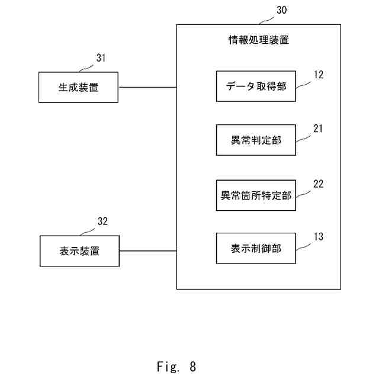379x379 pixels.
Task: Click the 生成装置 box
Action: click(x=78, y=87)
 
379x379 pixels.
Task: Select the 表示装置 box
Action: click(x=79, y=251)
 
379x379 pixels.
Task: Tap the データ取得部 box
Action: click(x=256, y=86)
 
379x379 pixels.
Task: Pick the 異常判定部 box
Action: click(x=256, y=140)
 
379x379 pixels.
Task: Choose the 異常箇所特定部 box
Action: click(x=256, y=195)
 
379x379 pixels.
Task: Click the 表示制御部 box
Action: click(x=256, y=248)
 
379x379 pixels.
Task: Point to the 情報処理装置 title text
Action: click(x=259, y=40)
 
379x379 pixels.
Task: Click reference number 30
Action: click(x=282, y=10)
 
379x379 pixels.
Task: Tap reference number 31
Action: click(x=101, y=58)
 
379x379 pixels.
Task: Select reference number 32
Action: click(x=102, y=221)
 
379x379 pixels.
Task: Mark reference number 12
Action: click(x=319, y=75)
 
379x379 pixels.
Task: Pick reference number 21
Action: click(x=318, y=129)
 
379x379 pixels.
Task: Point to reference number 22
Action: click(x=319, y=184)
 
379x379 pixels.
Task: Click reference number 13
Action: click(x=319, y=237)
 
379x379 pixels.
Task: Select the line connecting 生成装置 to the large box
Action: click(x=147, y=87)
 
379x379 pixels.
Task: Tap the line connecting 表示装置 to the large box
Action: click(x=148, y=251)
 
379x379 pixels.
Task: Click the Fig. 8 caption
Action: click(x=176, y=367)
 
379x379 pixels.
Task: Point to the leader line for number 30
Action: click(x=266, y=21)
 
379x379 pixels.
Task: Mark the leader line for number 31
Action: click(x=86, y=69)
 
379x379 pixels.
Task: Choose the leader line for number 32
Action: click(x=87, y=232)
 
